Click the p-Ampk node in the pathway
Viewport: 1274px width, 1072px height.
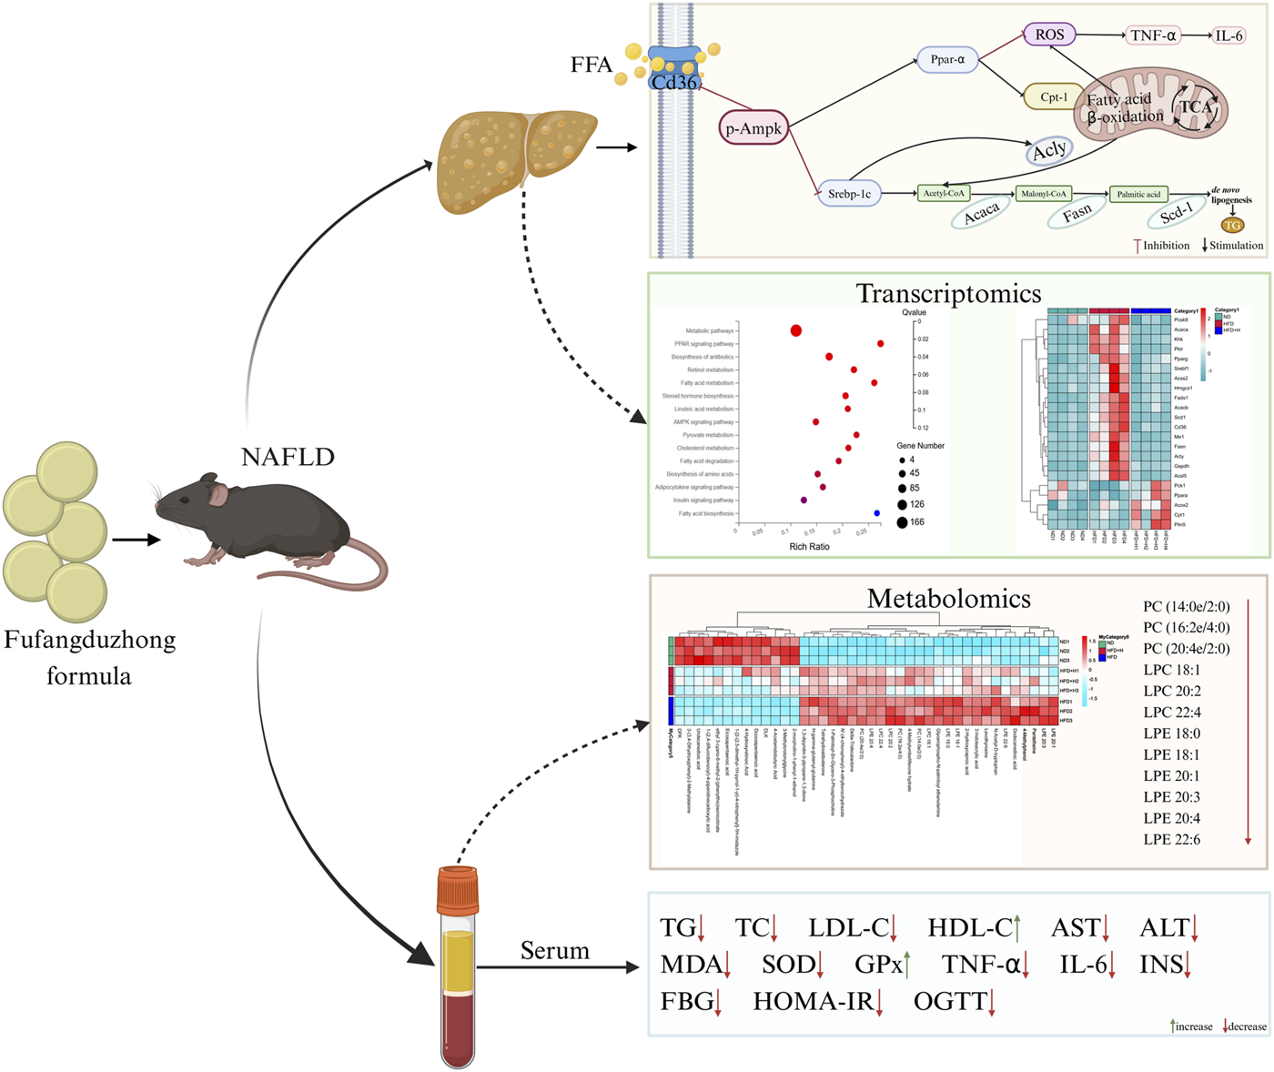[x=753, y=128]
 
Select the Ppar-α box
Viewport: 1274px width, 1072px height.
[x=947, y=60]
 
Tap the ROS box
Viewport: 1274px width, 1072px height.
[x=1049, y=35]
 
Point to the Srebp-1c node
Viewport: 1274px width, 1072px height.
[x=849, y=194]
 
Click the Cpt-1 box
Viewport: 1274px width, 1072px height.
[x=1053, y=96]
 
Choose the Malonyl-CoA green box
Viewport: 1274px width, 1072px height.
[x=1044, y=194]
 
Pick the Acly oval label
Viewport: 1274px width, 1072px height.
[x=1049, y=150]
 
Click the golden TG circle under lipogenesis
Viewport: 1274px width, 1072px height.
[x=1232, y=225]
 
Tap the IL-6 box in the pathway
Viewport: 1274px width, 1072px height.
[x=1228, y=35]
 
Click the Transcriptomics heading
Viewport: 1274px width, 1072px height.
[x=948, y=294]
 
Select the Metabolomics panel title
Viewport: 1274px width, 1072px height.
[x=948, y=598]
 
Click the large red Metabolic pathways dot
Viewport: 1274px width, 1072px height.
[x=796, y=330]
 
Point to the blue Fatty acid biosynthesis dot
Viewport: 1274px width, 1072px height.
[x=877, y=513]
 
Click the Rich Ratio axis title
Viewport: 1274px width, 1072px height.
[x=809, y=546]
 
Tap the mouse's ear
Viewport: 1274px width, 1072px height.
[x=218, y=494]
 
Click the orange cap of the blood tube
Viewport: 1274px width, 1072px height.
[x=457, y=890]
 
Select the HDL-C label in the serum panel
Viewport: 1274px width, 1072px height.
[x=969, y=928]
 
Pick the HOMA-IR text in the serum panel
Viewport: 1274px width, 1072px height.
[x=814, y=1002]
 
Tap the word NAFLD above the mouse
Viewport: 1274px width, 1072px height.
[x=288, y=456]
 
